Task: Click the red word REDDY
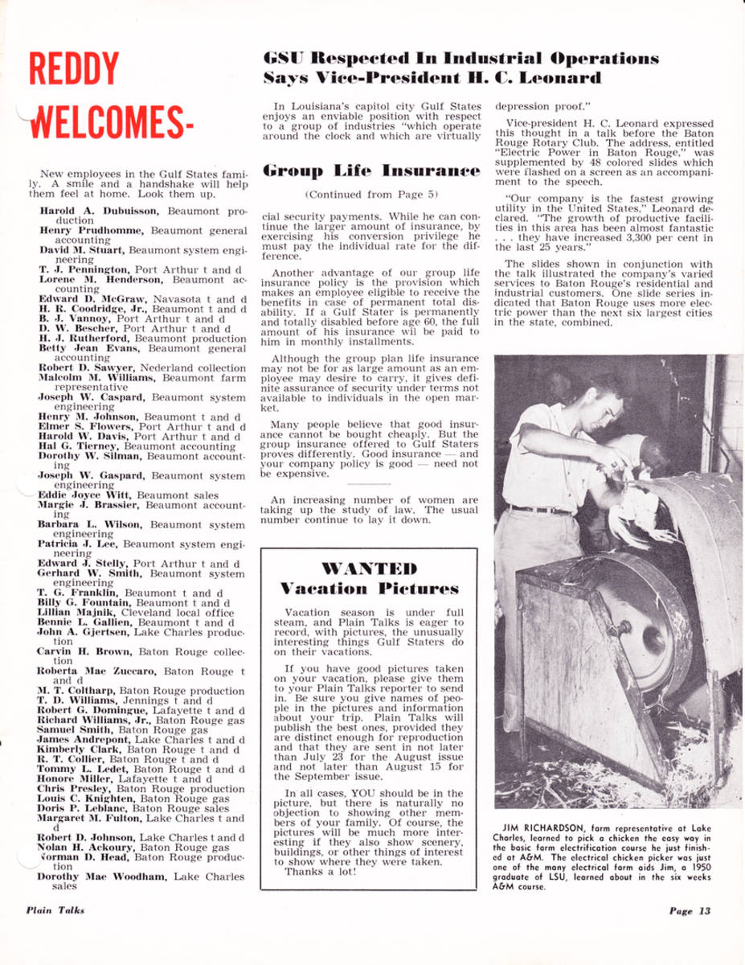click(x=73, y=70)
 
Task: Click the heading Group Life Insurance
click(x=373, y=170)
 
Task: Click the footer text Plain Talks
click(x=55, y=910)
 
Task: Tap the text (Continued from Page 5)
click(x=372, y=195)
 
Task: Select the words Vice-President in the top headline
click(x=360, y=79)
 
